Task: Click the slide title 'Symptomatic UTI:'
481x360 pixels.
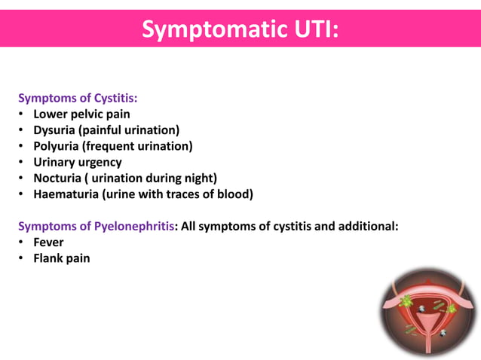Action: point(240,29)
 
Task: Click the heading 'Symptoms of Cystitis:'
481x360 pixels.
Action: point(78,98)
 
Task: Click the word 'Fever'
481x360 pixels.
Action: point(48,243)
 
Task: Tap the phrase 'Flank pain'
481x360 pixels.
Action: point(61,258)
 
